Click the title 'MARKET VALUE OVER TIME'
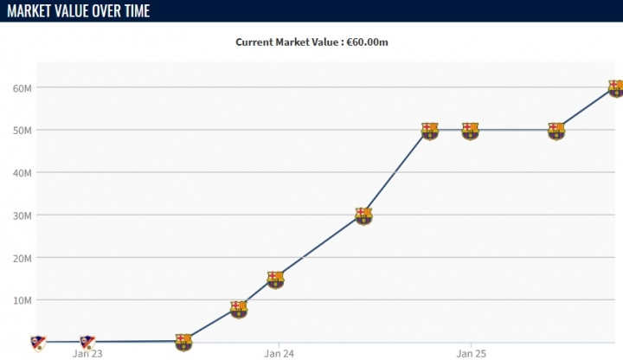tap(77, 10)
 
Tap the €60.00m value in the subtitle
tap(368, 42)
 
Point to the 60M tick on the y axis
tap(22, 88)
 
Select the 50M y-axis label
tap(22, 131)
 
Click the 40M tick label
tap(22, 173)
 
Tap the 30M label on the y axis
tap(22, 215)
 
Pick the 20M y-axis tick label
tap(22, 258)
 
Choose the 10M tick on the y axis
tap(22, 300)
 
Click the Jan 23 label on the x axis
tap(87, 353)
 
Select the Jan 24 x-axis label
tap(278, 353)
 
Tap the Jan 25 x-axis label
tap(470, 353)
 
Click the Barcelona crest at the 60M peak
tap(615, 88)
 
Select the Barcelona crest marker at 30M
tap(363, 215)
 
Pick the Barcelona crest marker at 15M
tap(275, 279)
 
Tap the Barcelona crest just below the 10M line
tap(239, 308)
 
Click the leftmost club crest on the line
tap(37, 342)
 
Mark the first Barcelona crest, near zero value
tap(183, 341)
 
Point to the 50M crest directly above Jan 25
tap(470, 131)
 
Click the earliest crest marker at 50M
tap(430, 131)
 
